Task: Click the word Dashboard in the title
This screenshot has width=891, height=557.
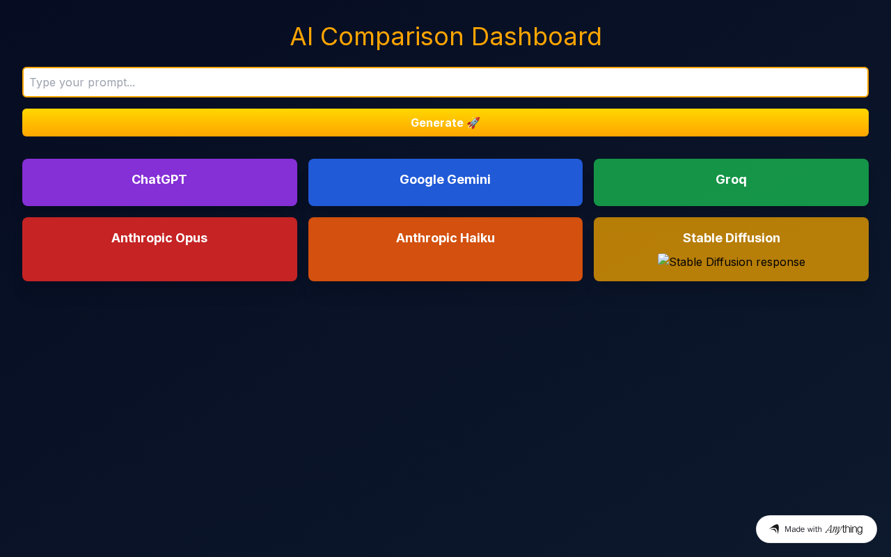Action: click(536, 37)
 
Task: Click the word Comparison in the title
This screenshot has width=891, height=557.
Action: click(392, 38)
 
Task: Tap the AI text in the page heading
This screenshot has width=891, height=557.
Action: click(301, 37)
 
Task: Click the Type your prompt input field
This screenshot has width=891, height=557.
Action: click(445, 82)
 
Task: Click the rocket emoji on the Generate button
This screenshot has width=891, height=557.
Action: click(473, 123)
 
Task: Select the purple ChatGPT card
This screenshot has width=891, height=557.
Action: click(159, 182)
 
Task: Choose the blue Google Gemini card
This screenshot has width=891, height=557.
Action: click(445, 182)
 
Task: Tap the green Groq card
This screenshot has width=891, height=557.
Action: click(731, 182)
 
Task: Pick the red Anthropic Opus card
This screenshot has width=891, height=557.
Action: click(159, 249)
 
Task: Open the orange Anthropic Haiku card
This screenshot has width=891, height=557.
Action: click(445, 249)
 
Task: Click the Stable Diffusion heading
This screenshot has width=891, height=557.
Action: click(731, 238)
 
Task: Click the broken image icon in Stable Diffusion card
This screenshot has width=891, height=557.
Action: click(663, 260)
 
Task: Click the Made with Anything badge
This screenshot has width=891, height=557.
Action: click(817, 529)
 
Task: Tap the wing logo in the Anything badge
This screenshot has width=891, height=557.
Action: click(774, 528)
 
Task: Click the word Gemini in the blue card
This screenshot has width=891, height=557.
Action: click(468, 180)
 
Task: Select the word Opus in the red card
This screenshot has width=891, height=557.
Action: click(191, 238)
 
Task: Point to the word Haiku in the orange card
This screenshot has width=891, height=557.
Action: click(478, 238)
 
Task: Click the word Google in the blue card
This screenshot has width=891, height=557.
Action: click(421, 180)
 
